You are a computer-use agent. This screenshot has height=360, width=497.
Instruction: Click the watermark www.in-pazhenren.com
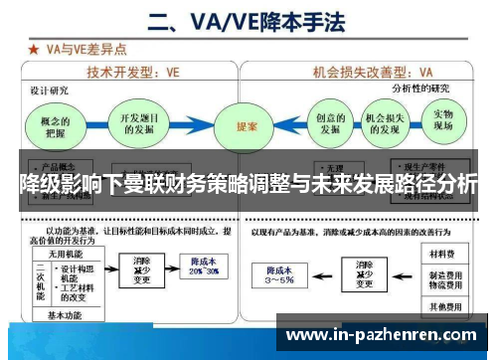[x=381, y=336]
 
